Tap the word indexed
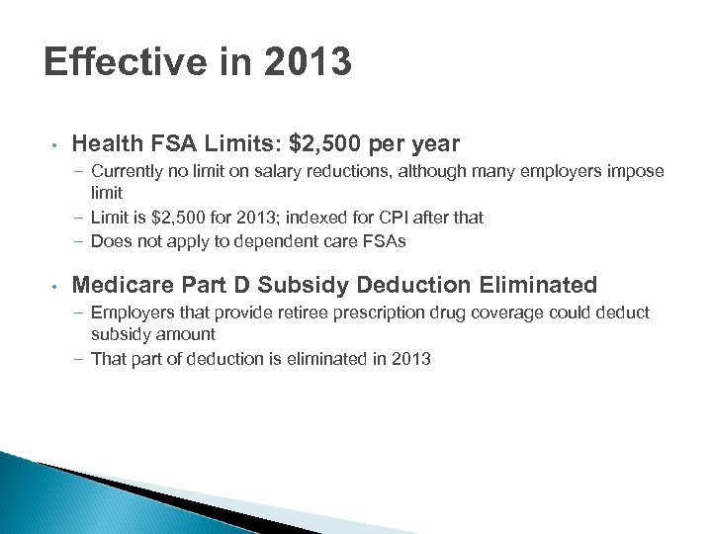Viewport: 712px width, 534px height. point(304,217)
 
